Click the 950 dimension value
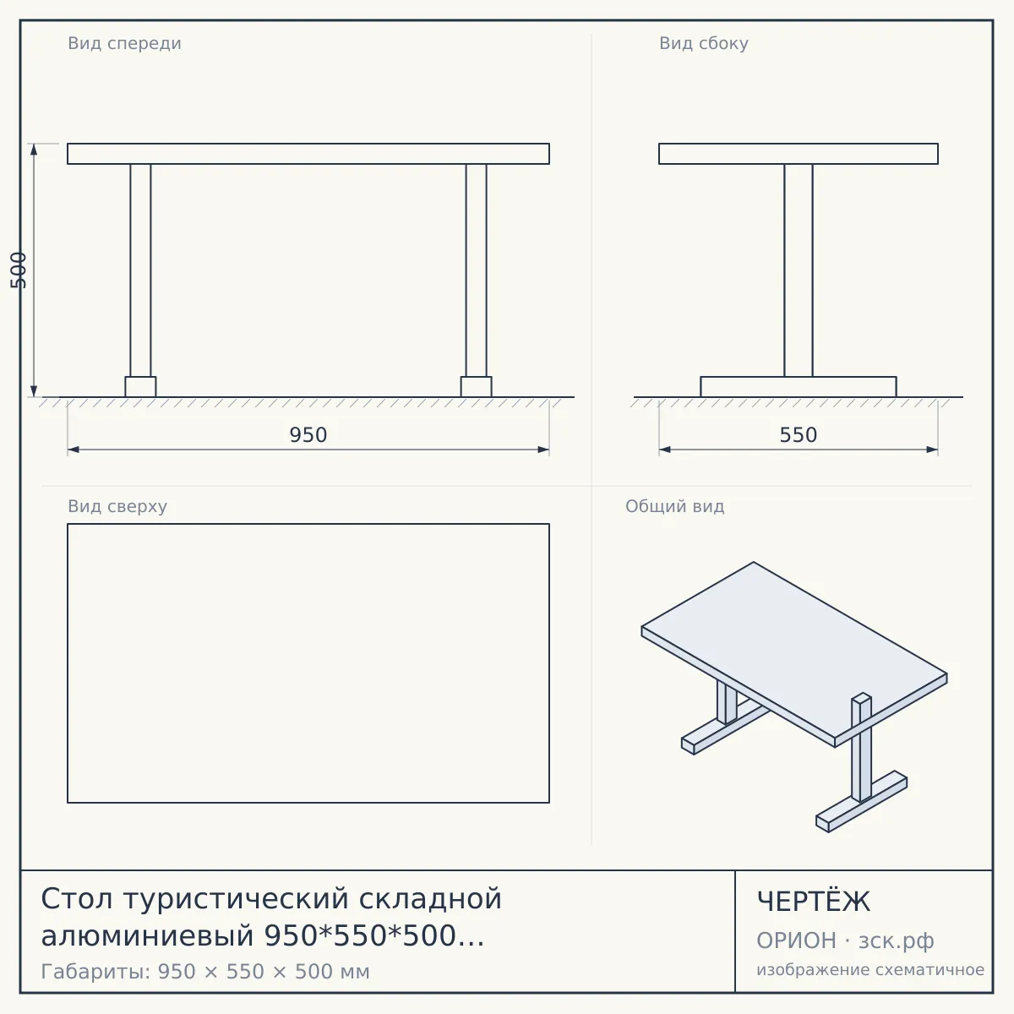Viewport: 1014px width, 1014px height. (x=308, y=435)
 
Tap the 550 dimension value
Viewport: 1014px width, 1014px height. (x=798, y=435)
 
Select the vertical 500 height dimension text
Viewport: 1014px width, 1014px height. (x=19, y=270)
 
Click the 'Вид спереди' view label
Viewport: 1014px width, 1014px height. (x=125, y=43)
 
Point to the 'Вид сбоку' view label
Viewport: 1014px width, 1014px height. (x=704, y=43)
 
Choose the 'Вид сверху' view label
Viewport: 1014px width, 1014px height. (x=117, y=506)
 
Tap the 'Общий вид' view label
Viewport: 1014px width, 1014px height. (x=674, y=506)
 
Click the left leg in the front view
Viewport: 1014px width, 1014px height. (x=140, y=270)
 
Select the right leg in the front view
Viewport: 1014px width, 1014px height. (x=477, y=270)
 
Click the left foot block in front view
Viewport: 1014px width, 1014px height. (x=140, y=387)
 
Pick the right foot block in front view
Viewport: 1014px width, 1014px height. (x=477, y=387)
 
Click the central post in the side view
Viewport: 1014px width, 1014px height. (x=799, y=270)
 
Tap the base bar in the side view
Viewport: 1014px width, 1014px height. (x=799, y=387)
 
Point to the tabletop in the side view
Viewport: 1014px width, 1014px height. (x=799, y=154)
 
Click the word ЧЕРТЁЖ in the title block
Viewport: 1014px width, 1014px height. (x=814, y=902)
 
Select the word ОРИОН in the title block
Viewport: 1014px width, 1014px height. (x=796, y=940)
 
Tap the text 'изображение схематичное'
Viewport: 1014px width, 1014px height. (x=870, y=970)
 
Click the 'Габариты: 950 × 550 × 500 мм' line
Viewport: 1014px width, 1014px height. (x=205, y=972)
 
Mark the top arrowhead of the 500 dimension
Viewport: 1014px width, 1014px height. (x=34, y=150)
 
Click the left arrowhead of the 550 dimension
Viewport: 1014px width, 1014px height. (x=665, y=450)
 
